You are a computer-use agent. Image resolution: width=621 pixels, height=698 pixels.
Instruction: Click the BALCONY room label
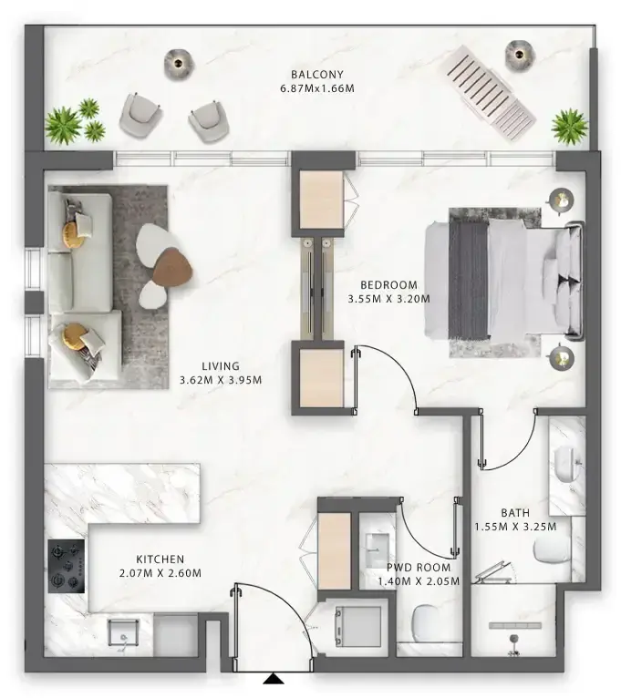point(316,74)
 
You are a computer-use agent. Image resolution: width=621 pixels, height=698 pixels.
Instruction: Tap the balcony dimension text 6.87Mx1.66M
point(316,88)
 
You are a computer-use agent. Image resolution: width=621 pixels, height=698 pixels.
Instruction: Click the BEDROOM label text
point(388,283)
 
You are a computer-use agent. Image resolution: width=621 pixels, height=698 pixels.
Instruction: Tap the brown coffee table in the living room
point(173,268)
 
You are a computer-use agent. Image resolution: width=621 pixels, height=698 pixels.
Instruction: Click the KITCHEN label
point(160,559)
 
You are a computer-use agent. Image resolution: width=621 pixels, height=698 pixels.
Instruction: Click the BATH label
point(515,512)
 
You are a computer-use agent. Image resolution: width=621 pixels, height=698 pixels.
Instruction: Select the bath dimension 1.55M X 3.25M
point(515,526)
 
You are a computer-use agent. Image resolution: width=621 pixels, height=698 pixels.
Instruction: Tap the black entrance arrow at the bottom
point(273,678)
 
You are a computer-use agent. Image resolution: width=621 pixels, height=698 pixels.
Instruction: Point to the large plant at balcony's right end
point(569,125)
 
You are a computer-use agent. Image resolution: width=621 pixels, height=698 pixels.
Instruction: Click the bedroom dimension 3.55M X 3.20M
point(388,297)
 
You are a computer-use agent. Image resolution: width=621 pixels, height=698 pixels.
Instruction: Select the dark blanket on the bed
point(469,278)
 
